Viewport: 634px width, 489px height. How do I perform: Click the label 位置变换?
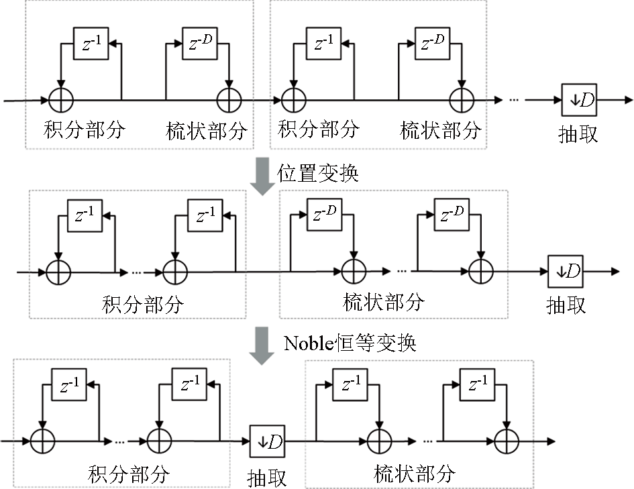point(319,173)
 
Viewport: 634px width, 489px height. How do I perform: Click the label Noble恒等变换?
point(350,343)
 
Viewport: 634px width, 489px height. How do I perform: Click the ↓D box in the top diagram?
point(578,100)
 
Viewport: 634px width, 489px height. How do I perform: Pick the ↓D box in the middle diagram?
point(565,272)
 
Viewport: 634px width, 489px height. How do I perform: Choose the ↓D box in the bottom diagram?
point(266,441)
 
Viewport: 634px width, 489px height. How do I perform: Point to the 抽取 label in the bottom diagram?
point(266,477)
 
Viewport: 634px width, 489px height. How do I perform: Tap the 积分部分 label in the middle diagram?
point(143,305)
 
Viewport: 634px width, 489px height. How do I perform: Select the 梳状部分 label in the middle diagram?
point(384,302)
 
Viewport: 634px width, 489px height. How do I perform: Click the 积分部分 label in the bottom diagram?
point(129,474)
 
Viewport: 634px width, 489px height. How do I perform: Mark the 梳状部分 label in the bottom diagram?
point(415,474)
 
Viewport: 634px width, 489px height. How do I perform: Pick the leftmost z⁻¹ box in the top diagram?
point(89,44)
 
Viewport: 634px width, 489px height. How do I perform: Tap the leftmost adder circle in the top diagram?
point(61,101)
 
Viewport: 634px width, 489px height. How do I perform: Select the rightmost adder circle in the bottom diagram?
point(506,441)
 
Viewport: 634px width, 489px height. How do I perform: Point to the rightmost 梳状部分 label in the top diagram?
point(441,129)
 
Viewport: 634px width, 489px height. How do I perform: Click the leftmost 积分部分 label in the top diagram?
point(85,129)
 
